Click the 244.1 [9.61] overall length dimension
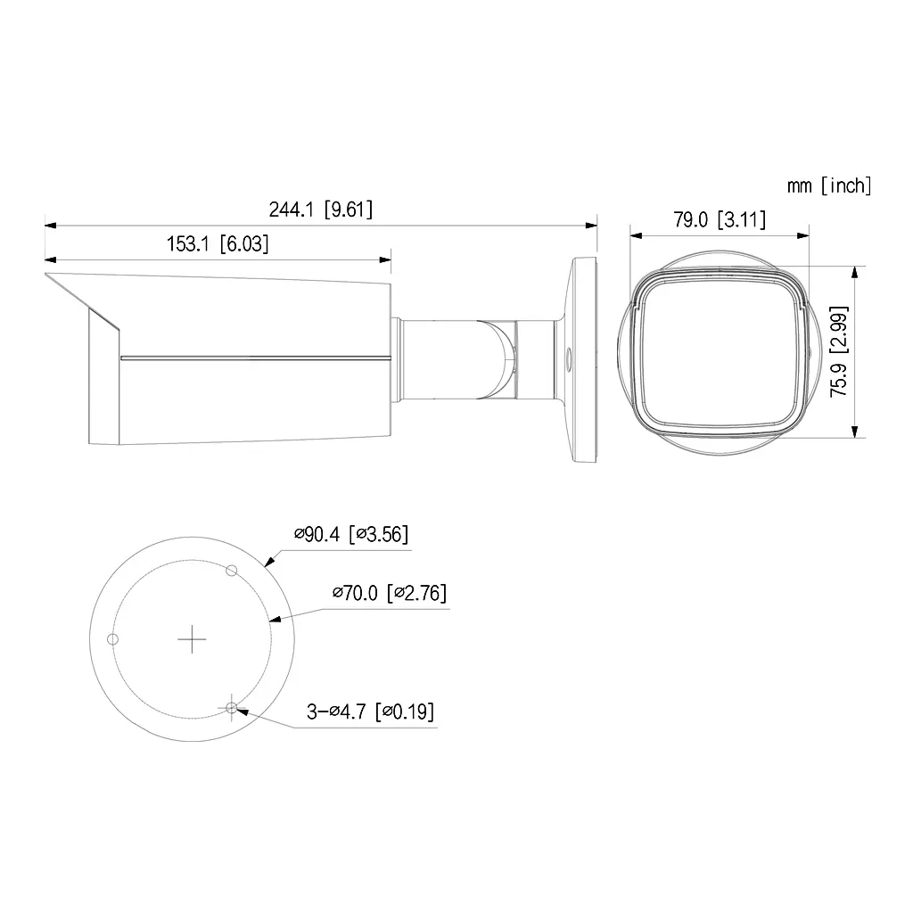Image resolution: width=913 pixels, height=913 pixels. [x=320, y=210]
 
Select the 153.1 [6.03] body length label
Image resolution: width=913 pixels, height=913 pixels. [x=218, y=243]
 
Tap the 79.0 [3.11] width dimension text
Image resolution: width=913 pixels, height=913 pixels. [x=719, y=219]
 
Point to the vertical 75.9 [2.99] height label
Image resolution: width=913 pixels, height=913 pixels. [x=839, y=351]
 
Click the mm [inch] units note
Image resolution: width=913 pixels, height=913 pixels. [x=828, y=185]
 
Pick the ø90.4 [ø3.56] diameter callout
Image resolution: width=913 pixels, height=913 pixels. [x=351, y=535]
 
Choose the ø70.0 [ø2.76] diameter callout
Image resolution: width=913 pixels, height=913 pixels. [x=389, y=593]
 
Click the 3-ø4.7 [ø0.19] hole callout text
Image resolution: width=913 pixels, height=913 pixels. [x=371, y=711]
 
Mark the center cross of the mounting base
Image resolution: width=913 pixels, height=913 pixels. [x=192, y=638]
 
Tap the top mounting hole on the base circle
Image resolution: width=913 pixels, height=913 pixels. [x=231, y=571]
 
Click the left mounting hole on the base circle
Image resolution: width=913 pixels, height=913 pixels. [x=113, y=638]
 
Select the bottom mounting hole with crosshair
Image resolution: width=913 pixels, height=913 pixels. [x=232, y=708]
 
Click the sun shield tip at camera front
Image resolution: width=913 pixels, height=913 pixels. [x=50, y=277]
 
